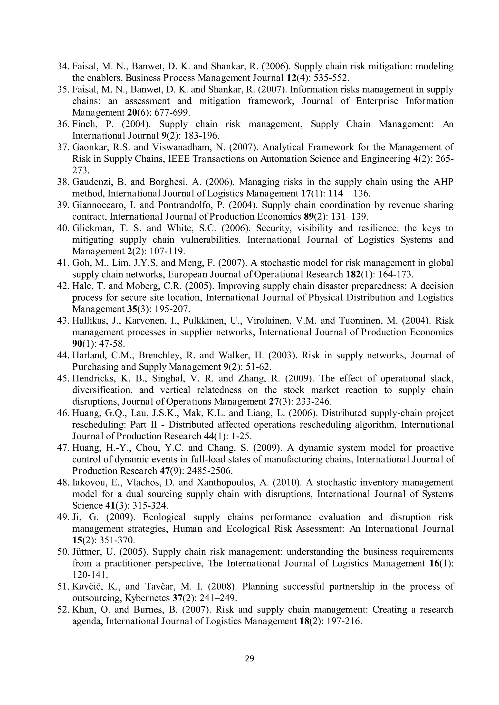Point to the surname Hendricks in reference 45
tap(92, 379)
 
